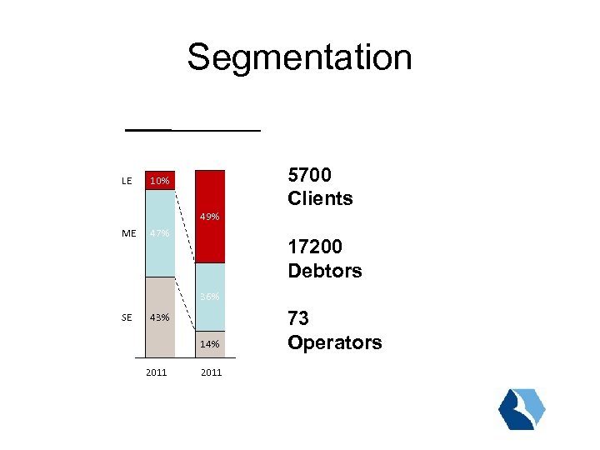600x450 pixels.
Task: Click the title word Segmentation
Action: (x=299, y=57)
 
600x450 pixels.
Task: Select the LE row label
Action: (x=127, y=181)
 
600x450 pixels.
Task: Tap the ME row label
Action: (x=128, y=234)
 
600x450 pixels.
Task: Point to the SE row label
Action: (x=127, y=317)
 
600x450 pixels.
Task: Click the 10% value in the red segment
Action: (x=159, y=181)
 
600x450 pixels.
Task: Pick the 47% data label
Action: (x=159, y=234)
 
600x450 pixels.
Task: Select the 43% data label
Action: (x=159, y=317)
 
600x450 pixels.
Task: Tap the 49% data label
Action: (x=210, y=217)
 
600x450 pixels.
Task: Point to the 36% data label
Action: (x=210, y=297)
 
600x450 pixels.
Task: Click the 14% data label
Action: (x=210, y=344)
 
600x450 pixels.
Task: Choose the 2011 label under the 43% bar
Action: (x=156, y=372)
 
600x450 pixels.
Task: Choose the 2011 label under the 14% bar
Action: (x=211, y=372)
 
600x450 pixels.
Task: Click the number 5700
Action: (x=310, y=175)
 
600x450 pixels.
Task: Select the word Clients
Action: (x=320, y=198)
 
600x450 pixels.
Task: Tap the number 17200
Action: (x=315, y=247)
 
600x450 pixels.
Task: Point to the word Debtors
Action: (x=324, y=271)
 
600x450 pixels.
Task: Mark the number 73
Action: (x=298, y=319)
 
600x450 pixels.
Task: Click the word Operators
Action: (x=334, y=342)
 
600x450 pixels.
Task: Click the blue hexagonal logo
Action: (x=522, y=409)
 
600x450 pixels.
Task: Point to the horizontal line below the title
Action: (x=192, y=130)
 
